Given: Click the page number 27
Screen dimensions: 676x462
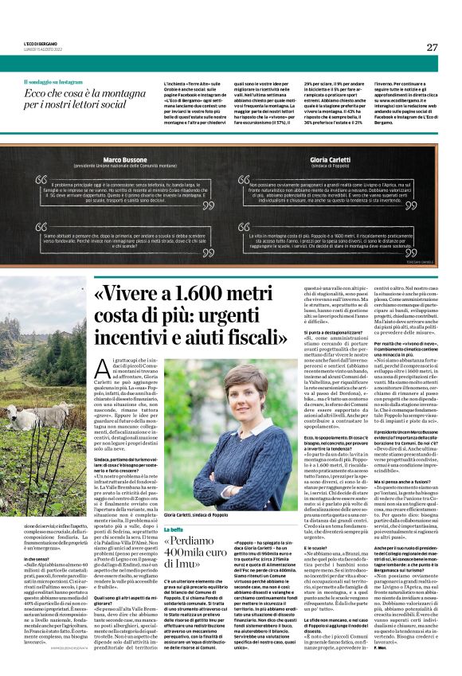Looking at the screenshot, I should (432, 47).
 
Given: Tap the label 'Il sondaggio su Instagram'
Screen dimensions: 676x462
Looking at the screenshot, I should (53, 82).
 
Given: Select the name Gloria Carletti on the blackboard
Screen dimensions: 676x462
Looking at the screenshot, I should (328, 160).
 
